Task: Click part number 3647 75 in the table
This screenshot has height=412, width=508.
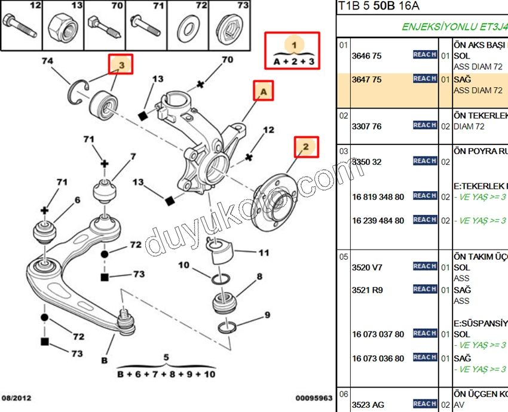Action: (367, 79)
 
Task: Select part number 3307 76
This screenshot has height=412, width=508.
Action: (367, 127)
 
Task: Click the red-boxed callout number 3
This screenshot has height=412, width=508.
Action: (120, 64)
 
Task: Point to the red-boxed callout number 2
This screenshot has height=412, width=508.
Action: (305, 147)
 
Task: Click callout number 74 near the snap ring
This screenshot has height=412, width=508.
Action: (47, 62)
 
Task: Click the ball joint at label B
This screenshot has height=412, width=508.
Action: (126, 322)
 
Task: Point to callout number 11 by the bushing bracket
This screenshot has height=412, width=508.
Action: (263, 253)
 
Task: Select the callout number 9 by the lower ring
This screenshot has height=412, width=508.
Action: (267, 315)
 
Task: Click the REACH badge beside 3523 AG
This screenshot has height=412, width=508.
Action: (424, 404)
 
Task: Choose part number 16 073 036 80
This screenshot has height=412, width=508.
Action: (378, 358)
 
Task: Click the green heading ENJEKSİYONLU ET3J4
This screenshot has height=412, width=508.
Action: (454, 27)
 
